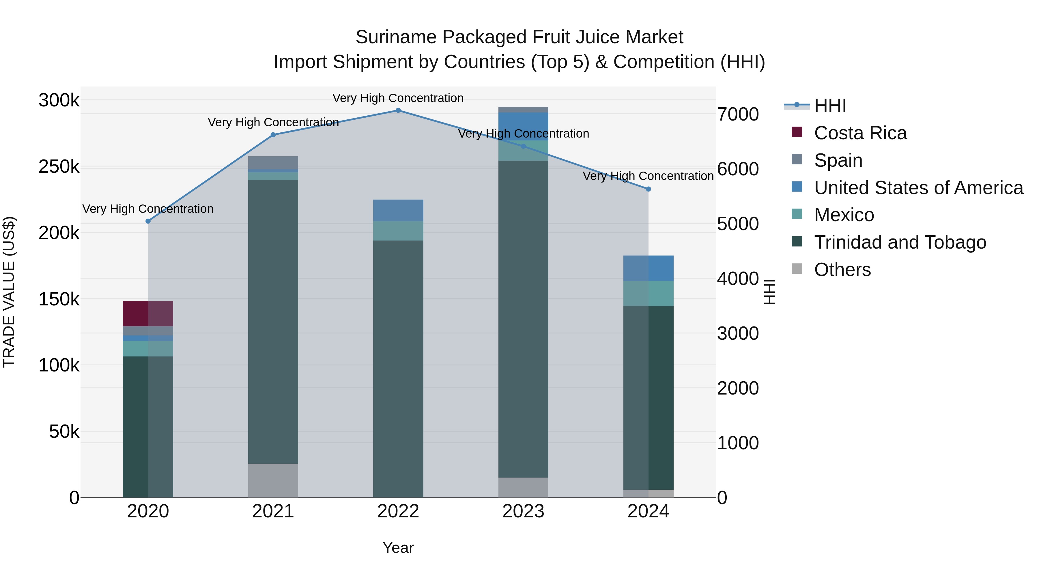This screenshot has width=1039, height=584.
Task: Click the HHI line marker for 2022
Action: click(x=398, y=110)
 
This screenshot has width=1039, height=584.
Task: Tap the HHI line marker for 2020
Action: click(x=148, y=221)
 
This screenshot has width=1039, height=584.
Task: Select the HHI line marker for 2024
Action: click(x=649, y=189)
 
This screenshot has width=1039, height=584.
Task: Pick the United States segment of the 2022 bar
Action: click(x=398, y=211)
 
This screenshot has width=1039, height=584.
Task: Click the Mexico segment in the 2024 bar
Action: click(x=649, y=293)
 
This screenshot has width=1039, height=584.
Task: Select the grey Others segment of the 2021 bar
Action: click(x=273, y=480)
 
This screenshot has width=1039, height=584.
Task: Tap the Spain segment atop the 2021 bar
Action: click(x=273, y=163)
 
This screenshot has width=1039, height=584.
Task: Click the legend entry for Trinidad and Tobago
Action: click(x=899, y=242)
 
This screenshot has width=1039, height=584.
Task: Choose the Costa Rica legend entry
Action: click(x=860, y=133)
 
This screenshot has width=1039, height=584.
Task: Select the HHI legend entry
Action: click(x=830, y=106)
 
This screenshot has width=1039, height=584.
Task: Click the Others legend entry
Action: click(x=842, y=270)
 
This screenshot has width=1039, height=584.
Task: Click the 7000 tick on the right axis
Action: click(x=738, y=114)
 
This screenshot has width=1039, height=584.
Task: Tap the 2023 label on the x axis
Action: click(x=523, y=511)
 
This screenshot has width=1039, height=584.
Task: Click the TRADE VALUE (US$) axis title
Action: click(x=9, y=292)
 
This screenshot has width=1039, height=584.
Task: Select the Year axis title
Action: click(x=398, y=548)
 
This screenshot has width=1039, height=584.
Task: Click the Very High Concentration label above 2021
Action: click(x=273, y=122)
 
